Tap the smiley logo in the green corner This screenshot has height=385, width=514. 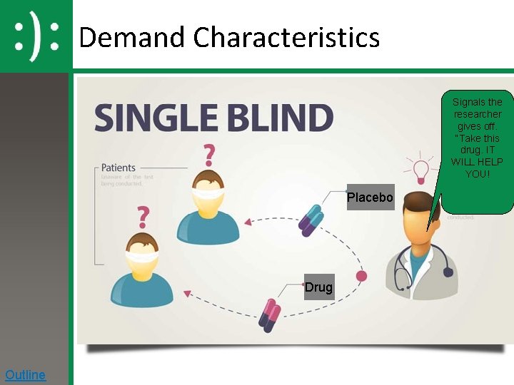(36, 34)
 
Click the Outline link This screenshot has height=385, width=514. (25, 375)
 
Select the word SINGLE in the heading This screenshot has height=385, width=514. (158, 118)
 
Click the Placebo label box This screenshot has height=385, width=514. (370, 197)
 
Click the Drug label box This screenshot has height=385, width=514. (318, 287)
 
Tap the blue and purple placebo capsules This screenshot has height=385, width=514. (311, 220)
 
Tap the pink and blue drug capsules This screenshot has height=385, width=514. (269, 316)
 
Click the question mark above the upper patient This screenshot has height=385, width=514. (208, 155)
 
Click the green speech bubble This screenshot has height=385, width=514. (477, 150)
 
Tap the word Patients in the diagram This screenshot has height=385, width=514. (119, 168)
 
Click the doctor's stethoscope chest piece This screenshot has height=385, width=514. (448, 272)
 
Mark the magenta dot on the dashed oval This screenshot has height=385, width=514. (361, 276)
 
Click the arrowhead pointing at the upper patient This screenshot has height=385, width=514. (248, 222)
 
